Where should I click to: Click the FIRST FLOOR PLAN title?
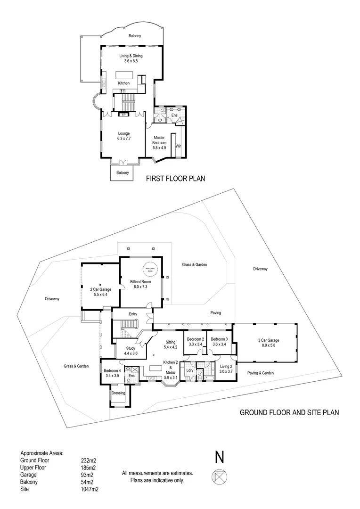click(x=175, y=179)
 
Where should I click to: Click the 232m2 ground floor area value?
click(x=88, y=460)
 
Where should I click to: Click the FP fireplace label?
click(x=123, y=115)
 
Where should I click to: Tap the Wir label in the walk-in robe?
click(x=178, y=146)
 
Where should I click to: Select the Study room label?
click(x=130, y=350)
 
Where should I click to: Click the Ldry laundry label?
click(x=190, y=370)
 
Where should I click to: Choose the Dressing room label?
click(x=118, y=393)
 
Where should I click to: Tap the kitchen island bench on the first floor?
click(x=124, y=74)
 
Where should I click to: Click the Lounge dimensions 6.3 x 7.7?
click(x=123, y=139)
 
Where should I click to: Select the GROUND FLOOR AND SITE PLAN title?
click(x=289, y=412)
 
